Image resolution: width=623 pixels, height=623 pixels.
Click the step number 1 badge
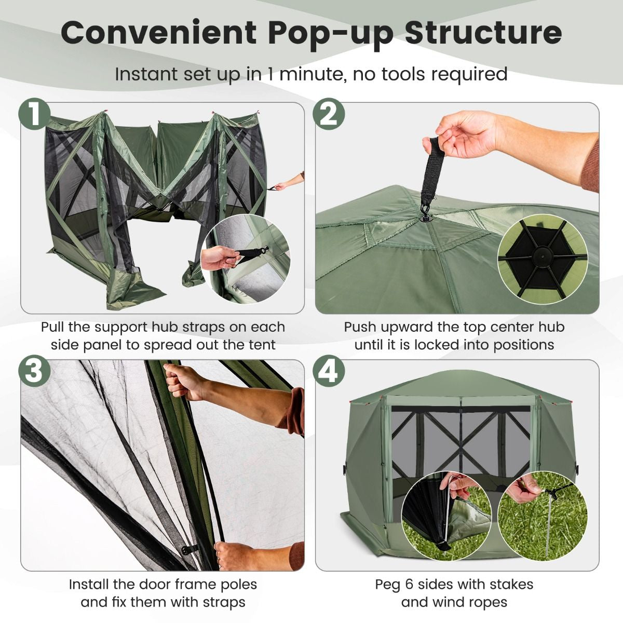click(34, 114)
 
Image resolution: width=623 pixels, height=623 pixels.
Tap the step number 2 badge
click(329, 114)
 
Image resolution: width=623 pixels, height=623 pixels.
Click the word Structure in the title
click(483, 32)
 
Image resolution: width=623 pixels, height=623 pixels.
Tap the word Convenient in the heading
click(159, 32)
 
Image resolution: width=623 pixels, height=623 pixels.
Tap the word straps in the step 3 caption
click(221, 602)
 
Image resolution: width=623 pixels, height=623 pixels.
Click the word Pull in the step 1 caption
click(55, 327)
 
